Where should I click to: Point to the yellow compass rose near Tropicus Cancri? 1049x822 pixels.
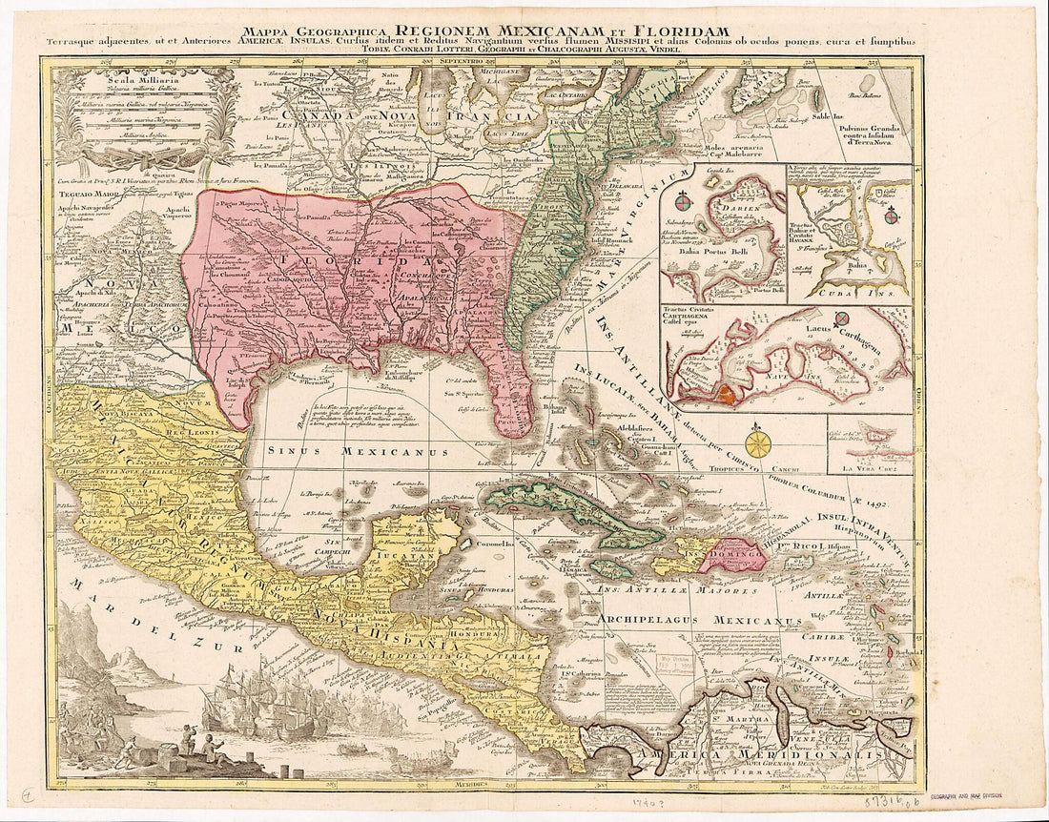(x=759, y=443)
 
